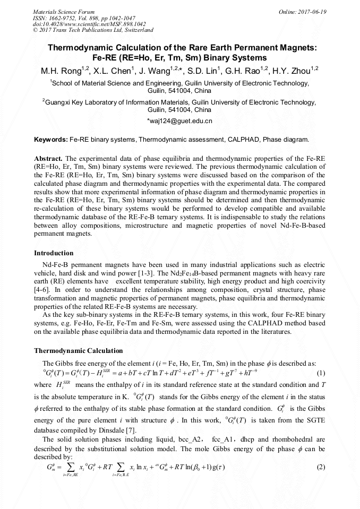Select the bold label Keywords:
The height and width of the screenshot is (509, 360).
(50, 140)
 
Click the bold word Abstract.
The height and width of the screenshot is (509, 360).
(48, 159)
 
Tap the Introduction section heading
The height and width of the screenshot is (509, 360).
(54, 253)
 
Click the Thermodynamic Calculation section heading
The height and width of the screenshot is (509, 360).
(78, 351)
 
